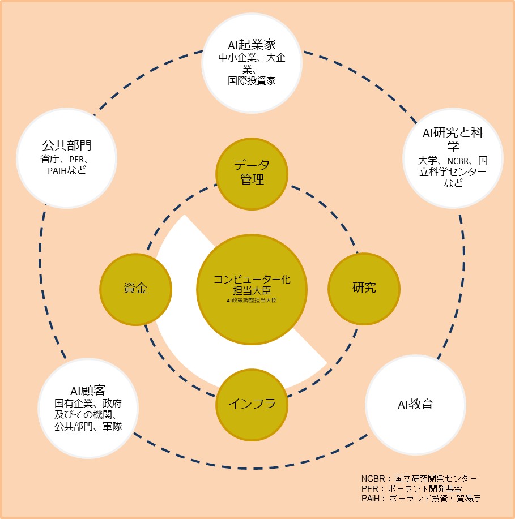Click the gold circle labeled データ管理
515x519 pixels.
coord(252,173)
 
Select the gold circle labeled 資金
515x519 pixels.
coord(135,288)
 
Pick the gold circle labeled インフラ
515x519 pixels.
coord(252,404)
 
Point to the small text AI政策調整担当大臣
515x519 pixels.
coord(252,301)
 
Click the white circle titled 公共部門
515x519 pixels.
coord(67,158)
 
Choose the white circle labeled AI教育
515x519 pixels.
coord(415,404)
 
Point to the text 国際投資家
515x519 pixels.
coord(252,80)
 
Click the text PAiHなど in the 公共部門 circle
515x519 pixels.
coord(67,170)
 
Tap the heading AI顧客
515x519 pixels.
coord(88,391)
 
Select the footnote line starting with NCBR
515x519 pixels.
coord(419,479)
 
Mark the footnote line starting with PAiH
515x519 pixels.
coord(421,498)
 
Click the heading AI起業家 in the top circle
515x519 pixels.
coord(252,45)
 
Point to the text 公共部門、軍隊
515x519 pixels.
coord(88,426)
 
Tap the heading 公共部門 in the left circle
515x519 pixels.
coord(67,145)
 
